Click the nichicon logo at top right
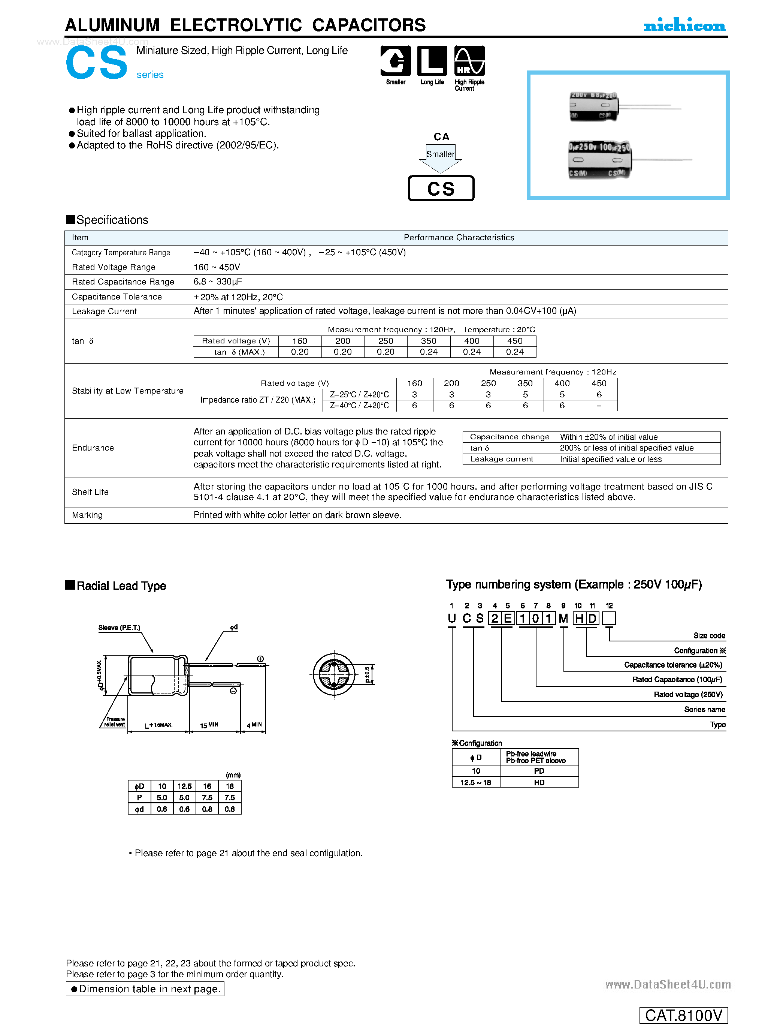pyautogui.click(x=684, y=25)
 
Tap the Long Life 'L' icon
pyautogui.click(x=432, y=61)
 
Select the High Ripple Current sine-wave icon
pyautogui.click(x=469, y=61)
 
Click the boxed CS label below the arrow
pyautogui.click(x=441, y=189)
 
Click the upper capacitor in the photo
pyautogui.click(x=594, y=107)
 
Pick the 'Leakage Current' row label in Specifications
pyautogui.click(x=105, y=311)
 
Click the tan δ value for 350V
pyautogui.click(x=429, y=352)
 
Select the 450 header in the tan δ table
pyautogui.click(x=515, y=341)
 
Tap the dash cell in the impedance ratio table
pyautogui.click(x=599, y=406)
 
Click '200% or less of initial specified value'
pyautogui.click(x=627, y=448)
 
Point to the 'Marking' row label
pyautogui.click(x=87, y=515)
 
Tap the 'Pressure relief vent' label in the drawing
pyautogui.click(x=115, y=722)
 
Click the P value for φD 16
pyautogui.click(x=207, y=798)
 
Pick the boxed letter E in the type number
pyautogui.click(x=508, y=619)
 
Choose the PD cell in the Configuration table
pyautogui.click(x=539, y=771)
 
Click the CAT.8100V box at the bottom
pyautogui.click(x=684, y=1015)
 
